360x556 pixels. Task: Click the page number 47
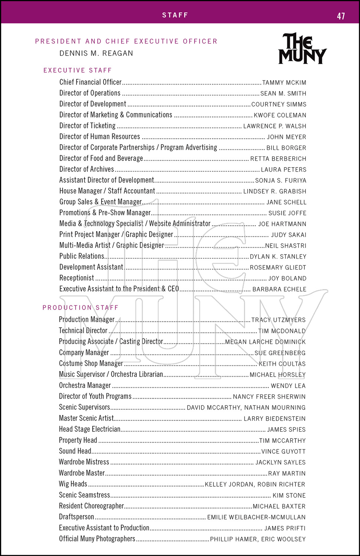[341, 16]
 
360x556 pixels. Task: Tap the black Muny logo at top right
[303, 49]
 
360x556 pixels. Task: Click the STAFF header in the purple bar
[175, 15]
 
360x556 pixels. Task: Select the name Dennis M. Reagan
[96, 53]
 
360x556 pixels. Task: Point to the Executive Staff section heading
[77, 70]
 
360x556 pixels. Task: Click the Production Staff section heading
[80, 308]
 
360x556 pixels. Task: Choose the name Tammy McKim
[284, 83]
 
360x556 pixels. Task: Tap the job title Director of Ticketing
[87, 126]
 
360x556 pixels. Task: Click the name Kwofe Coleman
[280, 115]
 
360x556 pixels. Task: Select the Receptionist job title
[77, 278]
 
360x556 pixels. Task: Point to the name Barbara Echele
[279, 289]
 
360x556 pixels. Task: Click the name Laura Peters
[284, 170]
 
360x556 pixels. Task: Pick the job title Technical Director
[83, 331]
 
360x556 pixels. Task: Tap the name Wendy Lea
[288, 386]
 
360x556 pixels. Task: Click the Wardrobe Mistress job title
[84, 462]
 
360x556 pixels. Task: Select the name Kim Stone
[289, 496]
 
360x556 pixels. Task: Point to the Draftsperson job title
[76, 517]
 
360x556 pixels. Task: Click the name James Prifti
[285, 528]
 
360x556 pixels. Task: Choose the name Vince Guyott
[283, 451]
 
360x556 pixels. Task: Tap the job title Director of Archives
[87, 169]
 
